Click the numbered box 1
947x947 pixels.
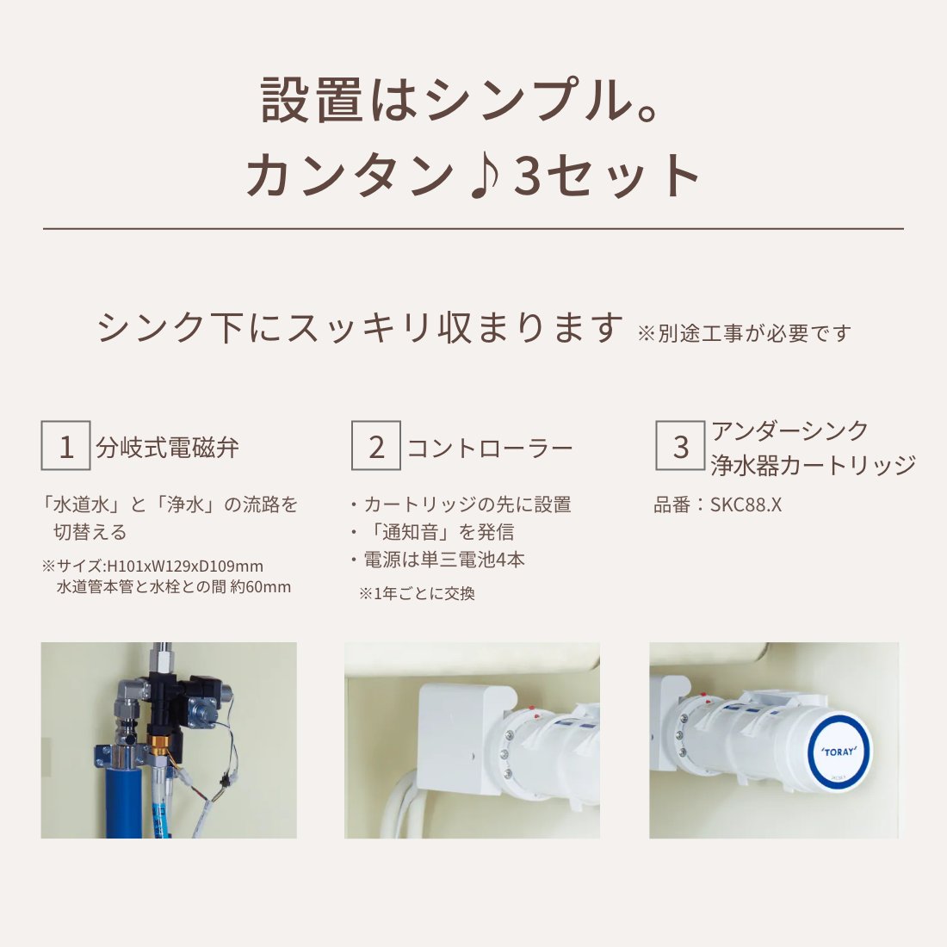click(66, 446)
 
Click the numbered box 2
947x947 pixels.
click(376, 446)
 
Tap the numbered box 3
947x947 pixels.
click(680, 446)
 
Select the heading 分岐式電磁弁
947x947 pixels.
click(168, 448)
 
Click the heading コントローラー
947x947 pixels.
click(489, 448)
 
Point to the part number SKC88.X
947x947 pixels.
click(746, 504)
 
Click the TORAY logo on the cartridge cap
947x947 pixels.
click(838, 752)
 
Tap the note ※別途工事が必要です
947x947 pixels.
click(744, 333)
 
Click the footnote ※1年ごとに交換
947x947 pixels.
click(417, 593)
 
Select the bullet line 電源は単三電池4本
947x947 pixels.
click(443, 560)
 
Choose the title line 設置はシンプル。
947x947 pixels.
click(461, 100)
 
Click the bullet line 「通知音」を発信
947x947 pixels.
click(439, 532)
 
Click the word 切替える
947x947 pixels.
click(90, 532)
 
